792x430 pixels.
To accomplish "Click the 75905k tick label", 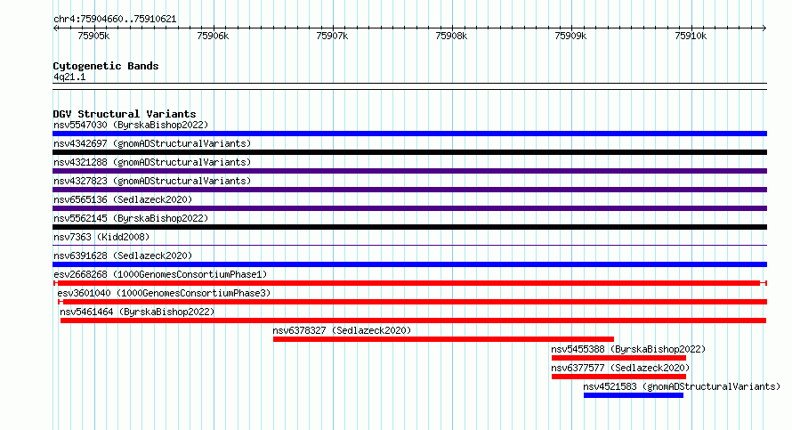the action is [x=93, y=36].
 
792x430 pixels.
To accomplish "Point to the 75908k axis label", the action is [x=451, y=36].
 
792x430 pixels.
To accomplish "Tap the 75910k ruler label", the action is [x=691, y=36].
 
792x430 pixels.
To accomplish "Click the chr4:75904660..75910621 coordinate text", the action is [x=115, y=20].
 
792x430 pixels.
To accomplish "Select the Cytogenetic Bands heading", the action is [x=106, y=66].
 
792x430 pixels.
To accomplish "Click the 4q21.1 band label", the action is [x=69, y=77].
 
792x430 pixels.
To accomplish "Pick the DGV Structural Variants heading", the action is [x=125, y=114].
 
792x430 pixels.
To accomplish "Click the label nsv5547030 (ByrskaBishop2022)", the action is [x=131, y=125].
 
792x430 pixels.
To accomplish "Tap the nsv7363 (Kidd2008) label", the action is [x=101, y=237].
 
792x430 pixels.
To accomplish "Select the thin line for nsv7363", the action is [x=409, y=246].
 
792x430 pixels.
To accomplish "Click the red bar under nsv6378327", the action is [x=443, y=339].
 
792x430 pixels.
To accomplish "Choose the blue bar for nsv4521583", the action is [x=634, y=395].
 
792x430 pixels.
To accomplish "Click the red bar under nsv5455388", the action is [x=618, y=358].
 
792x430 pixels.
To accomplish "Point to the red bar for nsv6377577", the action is [x=618, y=377].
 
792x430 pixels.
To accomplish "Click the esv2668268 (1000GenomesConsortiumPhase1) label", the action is [x=160, y=274].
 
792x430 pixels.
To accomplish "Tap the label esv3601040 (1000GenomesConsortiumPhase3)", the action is [x=164, y=293].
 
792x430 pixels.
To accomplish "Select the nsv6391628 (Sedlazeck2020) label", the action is [x=123, y=256].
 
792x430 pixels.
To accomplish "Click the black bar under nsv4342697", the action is [x=409, y=152].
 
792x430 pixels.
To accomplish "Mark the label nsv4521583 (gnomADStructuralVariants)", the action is [x=682, y=386].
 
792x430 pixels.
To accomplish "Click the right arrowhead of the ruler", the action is [x=764, y=28].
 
